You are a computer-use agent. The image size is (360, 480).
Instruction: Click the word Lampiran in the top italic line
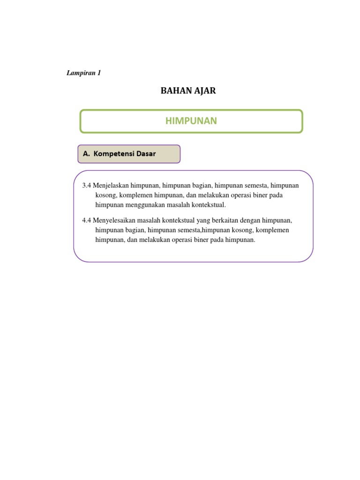click(x=80, y=73)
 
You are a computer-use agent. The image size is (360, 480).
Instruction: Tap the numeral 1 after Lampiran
click(x=99, y=73)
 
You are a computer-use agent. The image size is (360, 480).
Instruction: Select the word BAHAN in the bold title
click(x=174, y=91)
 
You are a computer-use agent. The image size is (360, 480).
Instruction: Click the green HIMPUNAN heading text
click(x=191, y=121)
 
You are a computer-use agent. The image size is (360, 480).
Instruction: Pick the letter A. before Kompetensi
click(x=86, y=154)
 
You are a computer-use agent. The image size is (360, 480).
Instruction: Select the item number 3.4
click(x=87, y=186)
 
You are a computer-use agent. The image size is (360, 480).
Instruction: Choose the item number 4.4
click(x=87, y=220)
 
